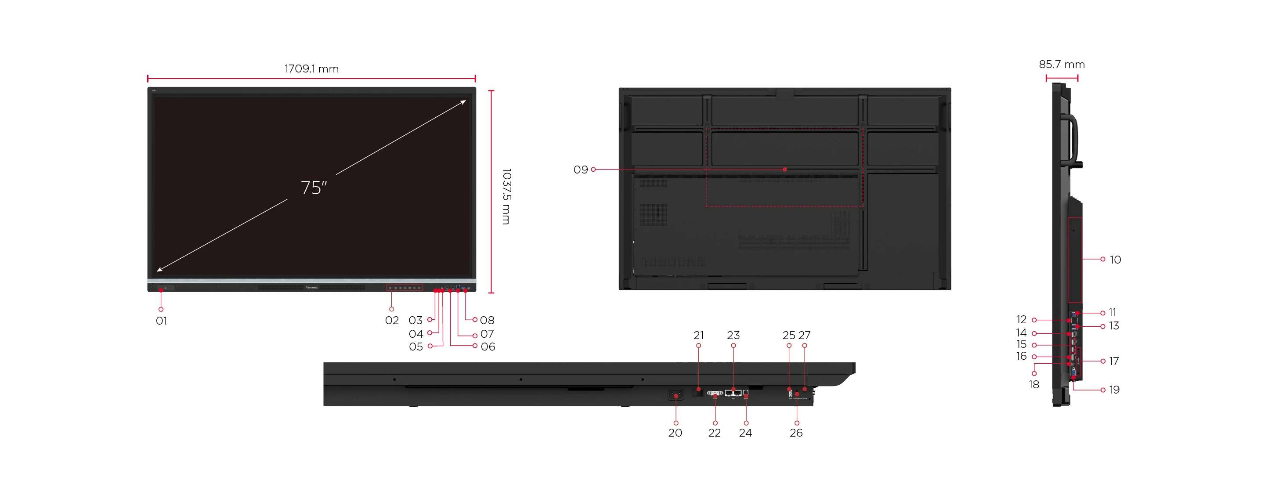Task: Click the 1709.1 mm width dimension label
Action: point(311,69)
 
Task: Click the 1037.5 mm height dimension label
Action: point(506,196)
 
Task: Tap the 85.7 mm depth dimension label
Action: point(1061,65)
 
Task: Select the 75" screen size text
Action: point(314,188)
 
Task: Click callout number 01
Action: point(161,321)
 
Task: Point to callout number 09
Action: point(580,170)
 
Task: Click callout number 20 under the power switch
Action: point(675,433)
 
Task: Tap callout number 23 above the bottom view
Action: point(733,335)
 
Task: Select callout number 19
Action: point(1114,390)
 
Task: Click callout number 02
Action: point(391,321)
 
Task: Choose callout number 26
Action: point(796,433)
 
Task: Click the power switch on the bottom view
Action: point(676,394)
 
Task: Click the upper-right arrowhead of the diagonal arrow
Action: point(463,102)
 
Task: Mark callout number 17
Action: point(1113,361)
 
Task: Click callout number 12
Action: point(1022,320)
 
